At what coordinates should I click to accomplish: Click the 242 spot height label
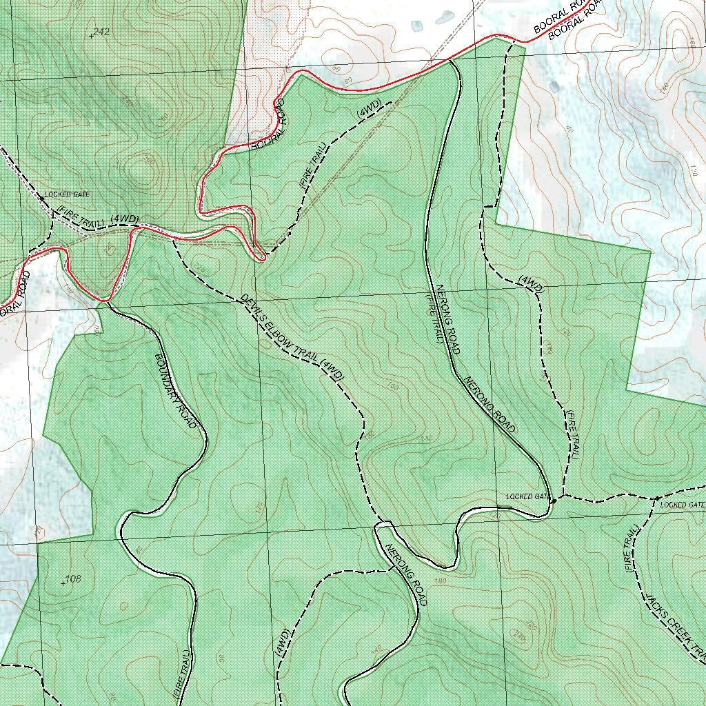point(101,32)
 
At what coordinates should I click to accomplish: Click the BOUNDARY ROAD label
point(176,391)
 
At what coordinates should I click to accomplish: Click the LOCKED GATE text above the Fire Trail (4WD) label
point(67,194)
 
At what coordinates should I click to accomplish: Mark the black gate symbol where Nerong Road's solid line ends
point(553,501)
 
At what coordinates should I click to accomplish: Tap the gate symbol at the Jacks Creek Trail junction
point(656,498)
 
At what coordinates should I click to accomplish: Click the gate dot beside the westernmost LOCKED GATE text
point(41,199)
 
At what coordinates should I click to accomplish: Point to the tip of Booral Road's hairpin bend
point(262,259)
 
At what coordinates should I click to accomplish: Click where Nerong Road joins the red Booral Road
point(449,61)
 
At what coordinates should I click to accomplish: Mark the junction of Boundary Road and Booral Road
point(107,301)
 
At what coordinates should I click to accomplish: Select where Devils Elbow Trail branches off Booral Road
point(172,240)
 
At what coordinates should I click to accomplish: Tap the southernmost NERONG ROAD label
point(407,575)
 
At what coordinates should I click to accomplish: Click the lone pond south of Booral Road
point(555,85)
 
